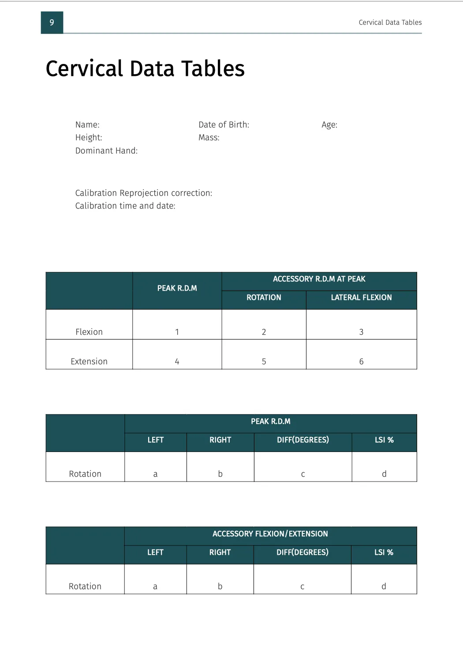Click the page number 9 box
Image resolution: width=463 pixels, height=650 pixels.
tap(52, 22)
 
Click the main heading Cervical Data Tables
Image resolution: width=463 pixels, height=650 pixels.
tap(145, 69)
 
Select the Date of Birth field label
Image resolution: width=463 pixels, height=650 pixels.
tap(224, 125)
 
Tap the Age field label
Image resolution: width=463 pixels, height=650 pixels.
tap(329, 125)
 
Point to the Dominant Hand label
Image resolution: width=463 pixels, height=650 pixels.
tap(106, 151)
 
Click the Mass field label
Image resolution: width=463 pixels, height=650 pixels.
tap(209, 138)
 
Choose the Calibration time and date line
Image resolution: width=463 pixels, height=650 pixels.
tap(125, 206)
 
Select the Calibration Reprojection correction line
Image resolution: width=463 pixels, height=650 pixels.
tap(143, 193)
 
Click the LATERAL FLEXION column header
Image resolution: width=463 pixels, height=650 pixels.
tap(361, 298)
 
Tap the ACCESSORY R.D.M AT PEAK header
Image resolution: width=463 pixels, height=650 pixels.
tap(319, 279)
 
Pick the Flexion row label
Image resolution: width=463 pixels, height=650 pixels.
tap(89, 332)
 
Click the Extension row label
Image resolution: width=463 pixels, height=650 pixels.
tap(89, 362)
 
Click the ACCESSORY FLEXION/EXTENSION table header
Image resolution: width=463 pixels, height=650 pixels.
tap(270, 534)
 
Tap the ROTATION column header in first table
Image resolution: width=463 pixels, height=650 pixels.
tap(264, 298)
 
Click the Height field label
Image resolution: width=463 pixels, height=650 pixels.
tap(89, 138)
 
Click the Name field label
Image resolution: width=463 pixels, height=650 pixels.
tap(87, 125)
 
